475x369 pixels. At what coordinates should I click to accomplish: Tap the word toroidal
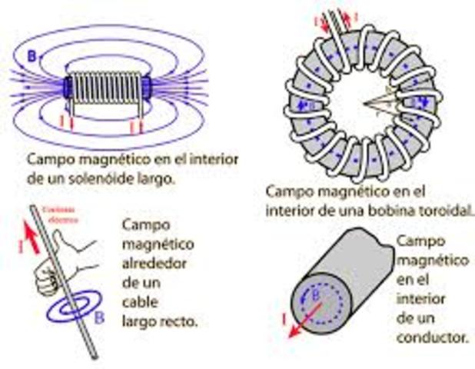click(440, 208)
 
